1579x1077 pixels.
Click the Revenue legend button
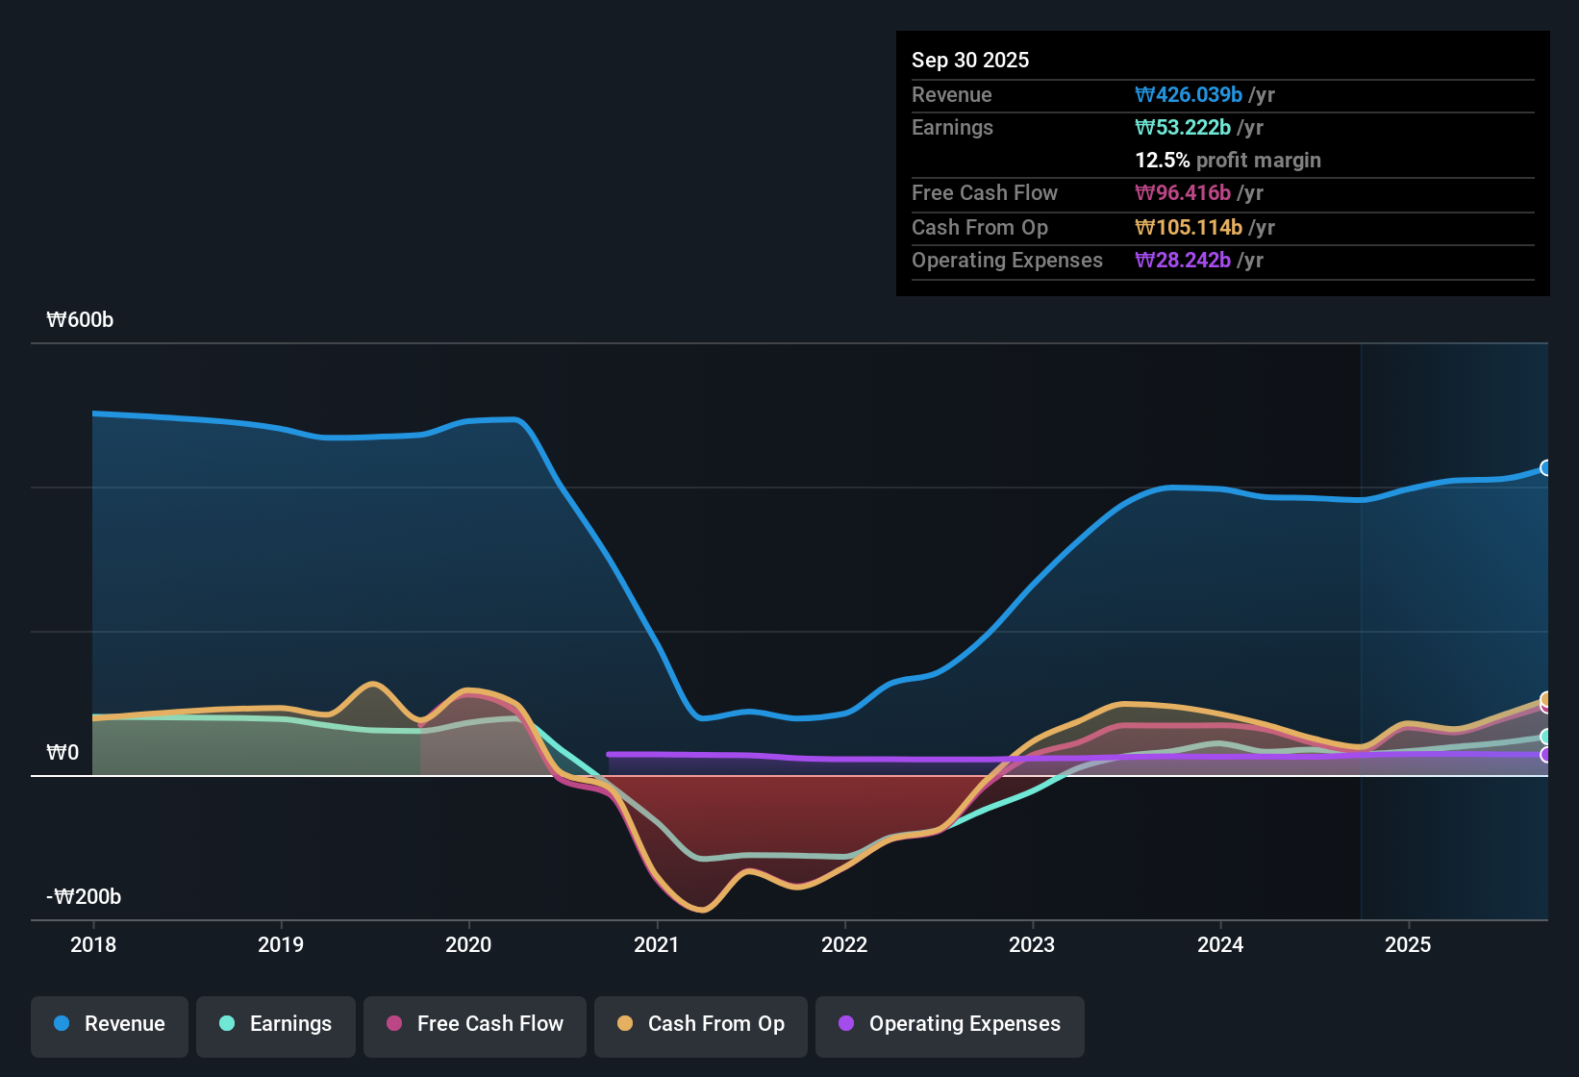(x=110, y=1024)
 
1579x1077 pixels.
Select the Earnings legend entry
(x=276, y=1024)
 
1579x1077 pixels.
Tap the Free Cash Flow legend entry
(x=475, y=1024)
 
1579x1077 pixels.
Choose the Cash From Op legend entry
(x=701, y=1024)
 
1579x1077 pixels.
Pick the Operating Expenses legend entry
(x=950, y=1024)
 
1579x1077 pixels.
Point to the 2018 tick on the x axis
(x=93, y=944)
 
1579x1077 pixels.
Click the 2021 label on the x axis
(x=657, y=944)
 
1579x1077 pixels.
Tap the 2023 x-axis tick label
(x=1032, y=944)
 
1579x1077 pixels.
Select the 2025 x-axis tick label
(x=1408, y=944)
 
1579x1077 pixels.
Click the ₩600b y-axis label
(x=80, y=320)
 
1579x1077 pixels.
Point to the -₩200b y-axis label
(x=84, y=897)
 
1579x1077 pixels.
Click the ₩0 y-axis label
(x=63, y=753)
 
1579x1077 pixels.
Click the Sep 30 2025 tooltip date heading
(x=970, y=60)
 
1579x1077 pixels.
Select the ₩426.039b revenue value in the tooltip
(x=1189, y=95)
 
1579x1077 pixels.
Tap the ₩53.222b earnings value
(x=1183, y=128)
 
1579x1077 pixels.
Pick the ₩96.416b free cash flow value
(x=1183, y=193)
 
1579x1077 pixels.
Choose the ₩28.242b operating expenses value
(x=1183, y=261)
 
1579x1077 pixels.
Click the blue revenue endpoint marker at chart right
(x=1545, y=468)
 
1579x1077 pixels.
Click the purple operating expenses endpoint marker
(x=1545, y=755)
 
